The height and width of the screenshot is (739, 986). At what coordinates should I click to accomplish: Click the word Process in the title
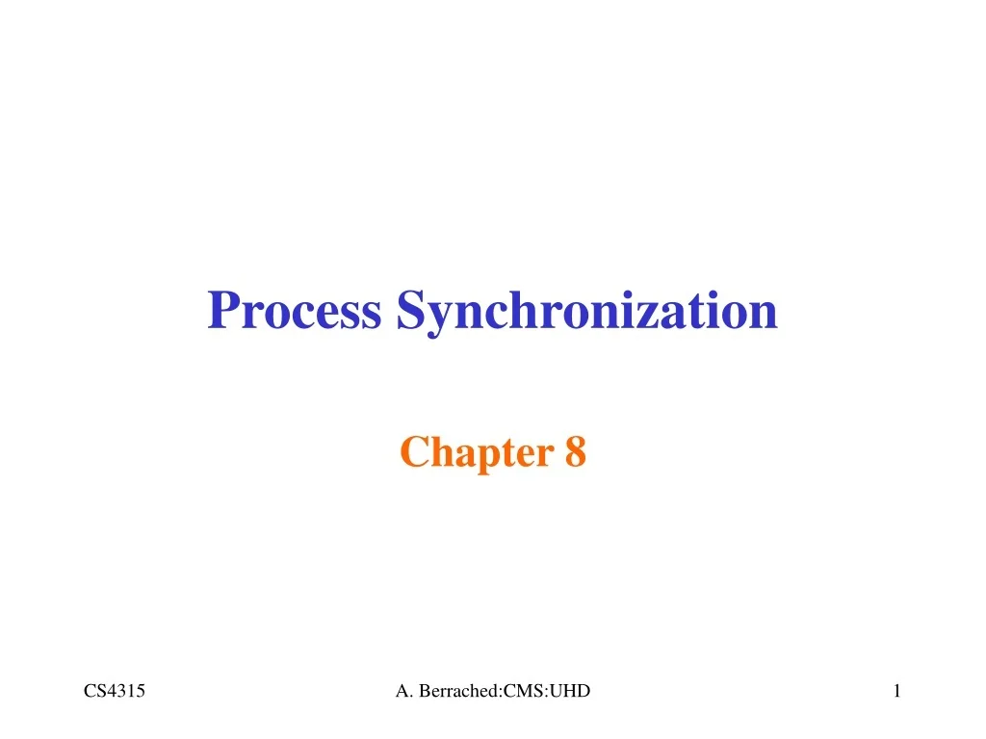click(x=294, y=311)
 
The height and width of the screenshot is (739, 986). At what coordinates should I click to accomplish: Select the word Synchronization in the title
click(x=586, y=311)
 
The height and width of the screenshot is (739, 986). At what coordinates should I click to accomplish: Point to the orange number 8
click(x=575, y=451)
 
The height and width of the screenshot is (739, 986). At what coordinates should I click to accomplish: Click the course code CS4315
click(x=114, y=690)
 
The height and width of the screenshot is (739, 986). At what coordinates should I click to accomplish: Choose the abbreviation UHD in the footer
click(x=572, y=690)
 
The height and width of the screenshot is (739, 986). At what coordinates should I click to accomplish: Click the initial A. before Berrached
click(x=402, y=690)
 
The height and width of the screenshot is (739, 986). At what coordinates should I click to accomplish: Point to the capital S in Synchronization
click(x=408, y=311)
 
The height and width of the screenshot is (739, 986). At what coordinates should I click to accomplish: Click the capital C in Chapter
click(x=412, y=451)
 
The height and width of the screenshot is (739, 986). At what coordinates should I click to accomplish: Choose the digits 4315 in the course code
click(x=126, y=690)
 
